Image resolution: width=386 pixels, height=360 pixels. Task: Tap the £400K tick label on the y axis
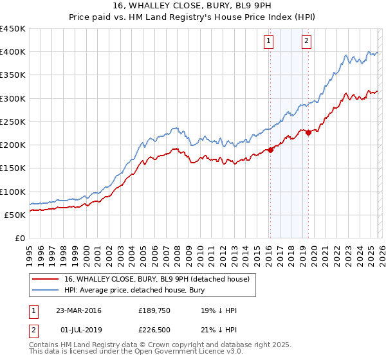[13, 52]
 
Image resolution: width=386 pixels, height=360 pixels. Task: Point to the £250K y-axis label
[13, 122]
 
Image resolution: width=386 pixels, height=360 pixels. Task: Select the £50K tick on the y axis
[15, 215]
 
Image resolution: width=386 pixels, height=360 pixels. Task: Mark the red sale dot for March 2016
[271, 150]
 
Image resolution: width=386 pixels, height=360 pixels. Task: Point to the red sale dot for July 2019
[308, 132]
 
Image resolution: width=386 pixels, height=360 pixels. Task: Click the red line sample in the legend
[45, 278]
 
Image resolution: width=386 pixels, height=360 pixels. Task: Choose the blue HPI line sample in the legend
[45, 290]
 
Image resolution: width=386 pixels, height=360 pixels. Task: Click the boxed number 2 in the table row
[34, 330]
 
